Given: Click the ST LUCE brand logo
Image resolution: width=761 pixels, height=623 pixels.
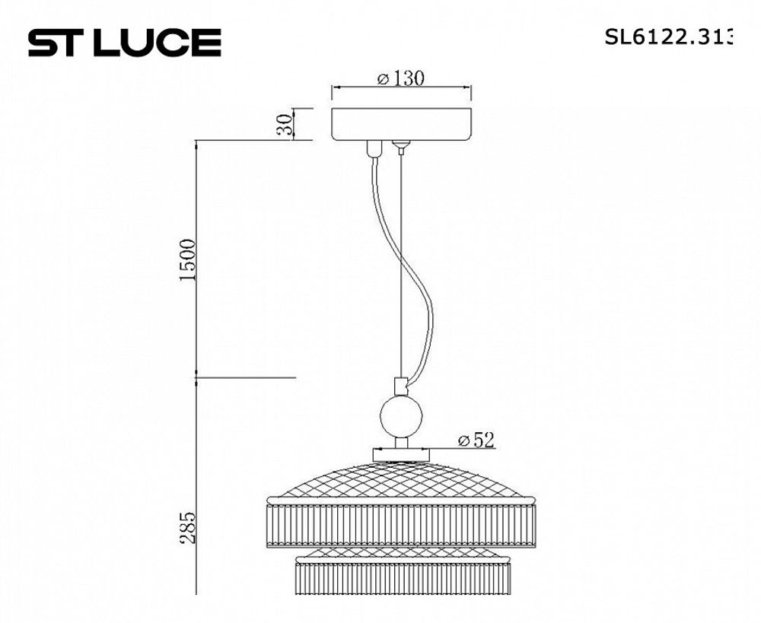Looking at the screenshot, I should click(124, 43).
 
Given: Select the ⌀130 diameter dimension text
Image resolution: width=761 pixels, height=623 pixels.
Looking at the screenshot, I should click(400, 78).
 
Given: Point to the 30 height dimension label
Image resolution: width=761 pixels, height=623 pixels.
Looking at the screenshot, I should click(285, 125).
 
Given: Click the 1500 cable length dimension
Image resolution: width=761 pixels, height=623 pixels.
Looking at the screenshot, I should click(188, 260).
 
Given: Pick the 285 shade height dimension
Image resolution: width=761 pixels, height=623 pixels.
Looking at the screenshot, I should click(188, 525).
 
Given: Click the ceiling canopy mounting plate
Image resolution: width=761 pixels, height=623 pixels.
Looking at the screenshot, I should click(401, 125).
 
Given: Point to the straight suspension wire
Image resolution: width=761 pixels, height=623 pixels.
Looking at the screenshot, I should click(400, 266).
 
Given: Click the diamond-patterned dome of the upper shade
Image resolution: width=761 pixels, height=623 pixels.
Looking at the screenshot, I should click(400, 478).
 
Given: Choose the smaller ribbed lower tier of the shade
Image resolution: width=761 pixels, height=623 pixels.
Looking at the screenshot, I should click(400, 578).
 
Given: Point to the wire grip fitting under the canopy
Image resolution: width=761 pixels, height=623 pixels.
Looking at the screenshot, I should click(400, 145).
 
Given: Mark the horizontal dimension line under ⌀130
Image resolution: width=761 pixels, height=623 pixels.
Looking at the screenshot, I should click(401, 89).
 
